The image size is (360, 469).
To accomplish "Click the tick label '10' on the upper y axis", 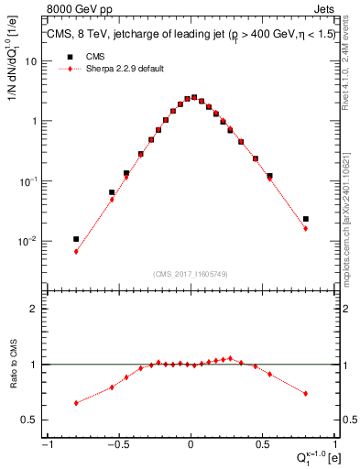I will click(x=31, y=60).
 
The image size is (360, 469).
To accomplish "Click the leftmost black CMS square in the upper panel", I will click(x=76, y=239).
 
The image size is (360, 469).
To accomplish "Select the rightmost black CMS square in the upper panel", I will click(x=305, y=219).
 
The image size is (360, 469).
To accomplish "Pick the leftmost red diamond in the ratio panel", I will click(x=76, y=403).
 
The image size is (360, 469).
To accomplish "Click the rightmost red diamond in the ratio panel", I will click(x=305, y=394).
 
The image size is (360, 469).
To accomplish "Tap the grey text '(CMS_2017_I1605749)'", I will click(x=191, y=274).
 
